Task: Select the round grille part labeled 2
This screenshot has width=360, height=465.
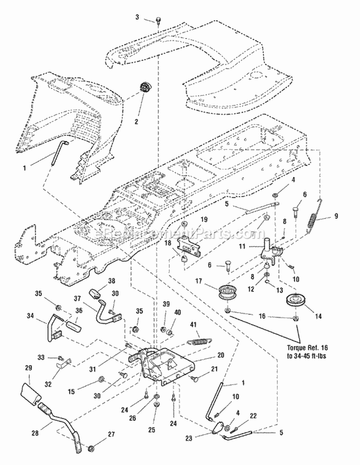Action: coord(143,90)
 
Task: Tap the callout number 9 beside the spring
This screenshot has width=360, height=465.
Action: coord(329,216)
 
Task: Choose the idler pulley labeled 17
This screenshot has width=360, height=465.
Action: coord(224,292)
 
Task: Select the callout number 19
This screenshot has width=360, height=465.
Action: coord(204,219)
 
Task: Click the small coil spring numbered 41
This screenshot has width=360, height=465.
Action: coord(197,341)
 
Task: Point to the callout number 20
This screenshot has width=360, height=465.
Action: coord(220,356)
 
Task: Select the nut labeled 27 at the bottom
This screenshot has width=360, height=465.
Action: coord(90,449)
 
